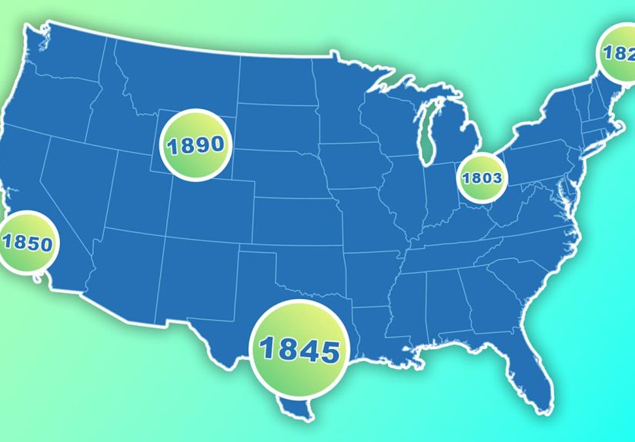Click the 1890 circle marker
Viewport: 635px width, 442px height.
point(196,145)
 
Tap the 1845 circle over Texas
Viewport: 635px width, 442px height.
point(300,351)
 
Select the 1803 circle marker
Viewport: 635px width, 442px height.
point(482,178)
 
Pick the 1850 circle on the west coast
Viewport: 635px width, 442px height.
point(26,244)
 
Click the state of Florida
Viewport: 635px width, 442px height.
point(534,369)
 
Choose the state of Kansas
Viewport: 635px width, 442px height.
point(292,215)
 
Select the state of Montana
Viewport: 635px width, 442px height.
point(177,77)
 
